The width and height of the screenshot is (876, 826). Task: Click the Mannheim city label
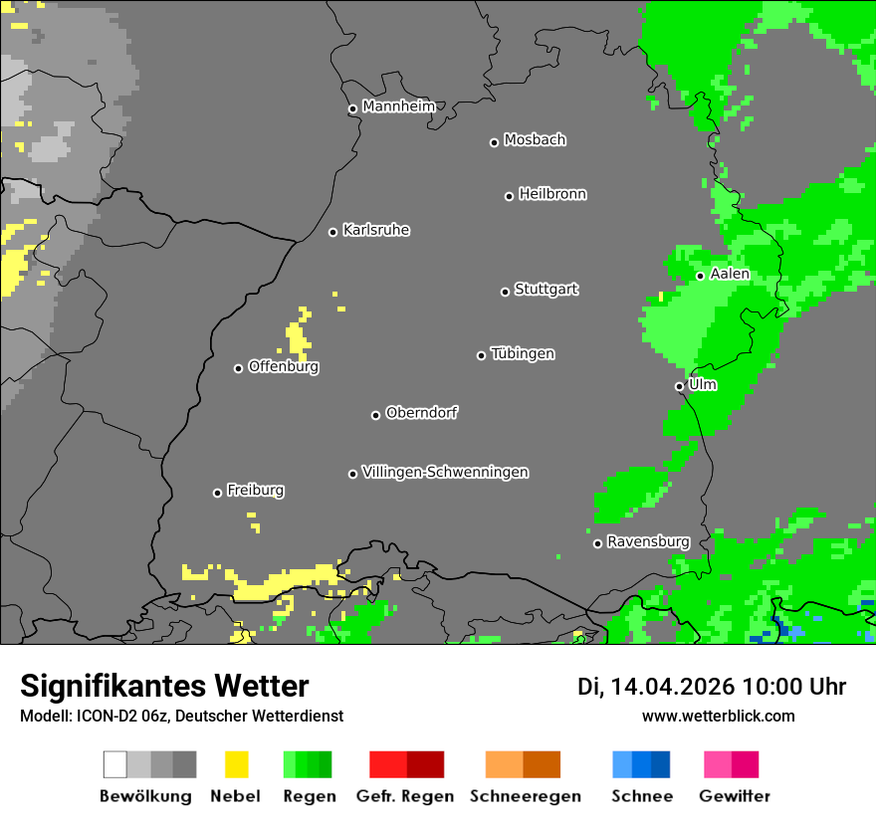click(399, 106)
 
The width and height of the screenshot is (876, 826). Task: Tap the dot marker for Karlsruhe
click(333, 232)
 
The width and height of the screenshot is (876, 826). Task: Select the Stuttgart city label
click(547, 290)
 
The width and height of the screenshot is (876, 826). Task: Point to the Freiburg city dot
click(217, 493)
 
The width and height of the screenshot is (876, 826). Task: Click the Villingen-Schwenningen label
click(445, 472)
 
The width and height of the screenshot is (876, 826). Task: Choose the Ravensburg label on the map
click(648, 541)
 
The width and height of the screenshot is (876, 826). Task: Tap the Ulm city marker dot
click(679, 386)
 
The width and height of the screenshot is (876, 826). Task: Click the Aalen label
click(730, 274)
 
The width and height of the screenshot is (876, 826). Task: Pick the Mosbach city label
click(535, 140)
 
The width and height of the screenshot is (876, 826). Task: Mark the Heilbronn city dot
click(509, 196)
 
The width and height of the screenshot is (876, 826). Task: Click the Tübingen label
click(523, 354)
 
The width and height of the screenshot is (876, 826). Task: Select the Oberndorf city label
click(422, 413)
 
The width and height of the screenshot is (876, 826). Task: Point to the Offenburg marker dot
click(238, 368)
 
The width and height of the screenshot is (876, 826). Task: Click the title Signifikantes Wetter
click(164, 687)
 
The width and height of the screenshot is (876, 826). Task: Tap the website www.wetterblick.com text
click(718, 716)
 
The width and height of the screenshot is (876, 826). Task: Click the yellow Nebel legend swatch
click(236, 764)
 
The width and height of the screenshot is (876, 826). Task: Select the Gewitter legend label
click(735, 796)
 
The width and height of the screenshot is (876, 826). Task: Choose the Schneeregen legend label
click(526, 796)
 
